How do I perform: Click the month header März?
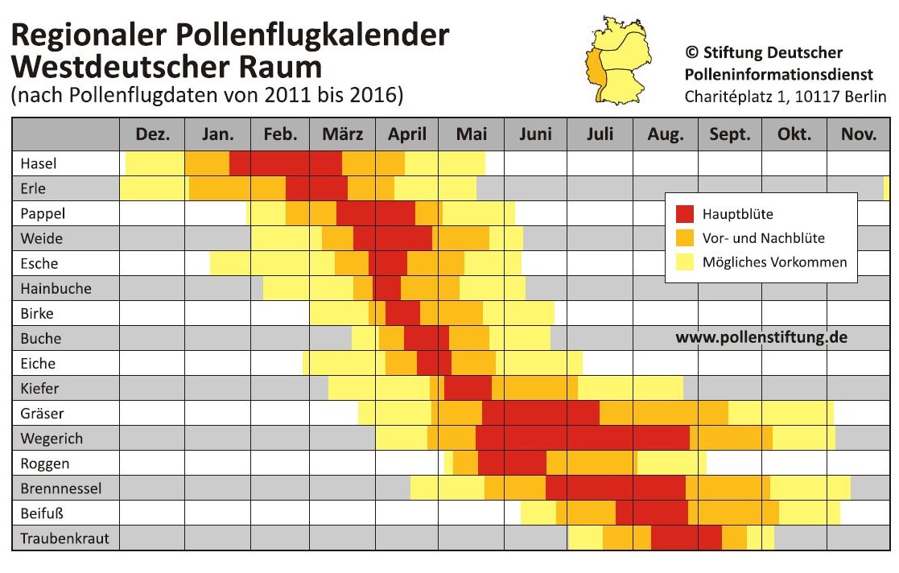coord(342,134)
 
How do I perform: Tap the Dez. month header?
coord(152,134)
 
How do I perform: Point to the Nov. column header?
coord(858,134)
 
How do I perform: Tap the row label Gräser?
coord(43,414)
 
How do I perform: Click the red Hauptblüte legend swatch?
coord(684,215)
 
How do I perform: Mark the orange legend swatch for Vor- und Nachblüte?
coord(684,238)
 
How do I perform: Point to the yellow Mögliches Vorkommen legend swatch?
coord(684,262)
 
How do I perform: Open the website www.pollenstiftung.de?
coord(761,338)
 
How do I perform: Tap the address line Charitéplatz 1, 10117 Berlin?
coord(785,97)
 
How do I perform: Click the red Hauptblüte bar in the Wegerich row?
coord(583,439)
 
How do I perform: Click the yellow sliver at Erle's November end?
coord(886,189)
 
